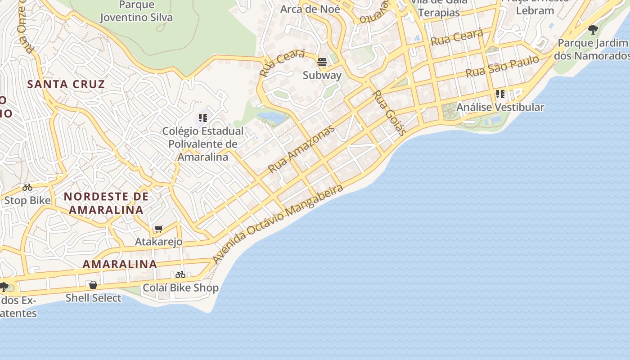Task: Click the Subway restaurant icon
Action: tap(322, 62)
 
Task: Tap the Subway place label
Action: tap(322, 75)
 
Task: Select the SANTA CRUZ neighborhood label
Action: tap(66, 84)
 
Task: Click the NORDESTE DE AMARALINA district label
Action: tap(106, 203)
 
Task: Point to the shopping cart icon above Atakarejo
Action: tap(158, 229)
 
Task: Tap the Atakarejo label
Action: tap(159, 242)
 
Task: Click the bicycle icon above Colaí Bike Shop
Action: tap(180, 274)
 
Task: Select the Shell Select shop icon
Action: tap(93, 285)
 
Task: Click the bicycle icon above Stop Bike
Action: tap(27, 187)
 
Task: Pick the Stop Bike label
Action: tap(27, 200)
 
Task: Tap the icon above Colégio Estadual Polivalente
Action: tap(203, 118)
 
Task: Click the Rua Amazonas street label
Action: tap(301, 149)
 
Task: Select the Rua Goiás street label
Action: tap(390, 113)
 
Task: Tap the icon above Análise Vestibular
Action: tap(500, 94)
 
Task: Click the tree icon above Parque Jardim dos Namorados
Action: tap(593, 30)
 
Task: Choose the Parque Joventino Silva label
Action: tap(136, 11)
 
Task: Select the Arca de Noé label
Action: tap(310, 9)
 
